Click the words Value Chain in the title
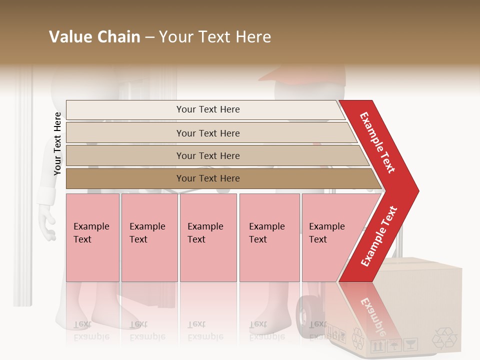point(94,37)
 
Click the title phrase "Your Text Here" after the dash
point(215,37)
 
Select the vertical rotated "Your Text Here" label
point(57,143)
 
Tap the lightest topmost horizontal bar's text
point(208,109)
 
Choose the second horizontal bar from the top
point(208,133)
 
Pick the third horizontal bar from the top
point(208,155)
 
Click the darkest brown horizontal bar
point(208,178)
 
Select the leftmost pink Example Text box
point(92,237)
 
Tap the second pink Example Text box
point(149,237)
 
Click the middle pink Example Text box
point(208,237)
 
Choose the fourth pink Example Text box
point(269,237)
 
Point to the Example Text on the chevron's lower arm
point(379,236)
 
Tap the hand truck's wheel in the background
point(306,315)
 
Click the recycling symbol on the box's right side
point(444,338)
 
